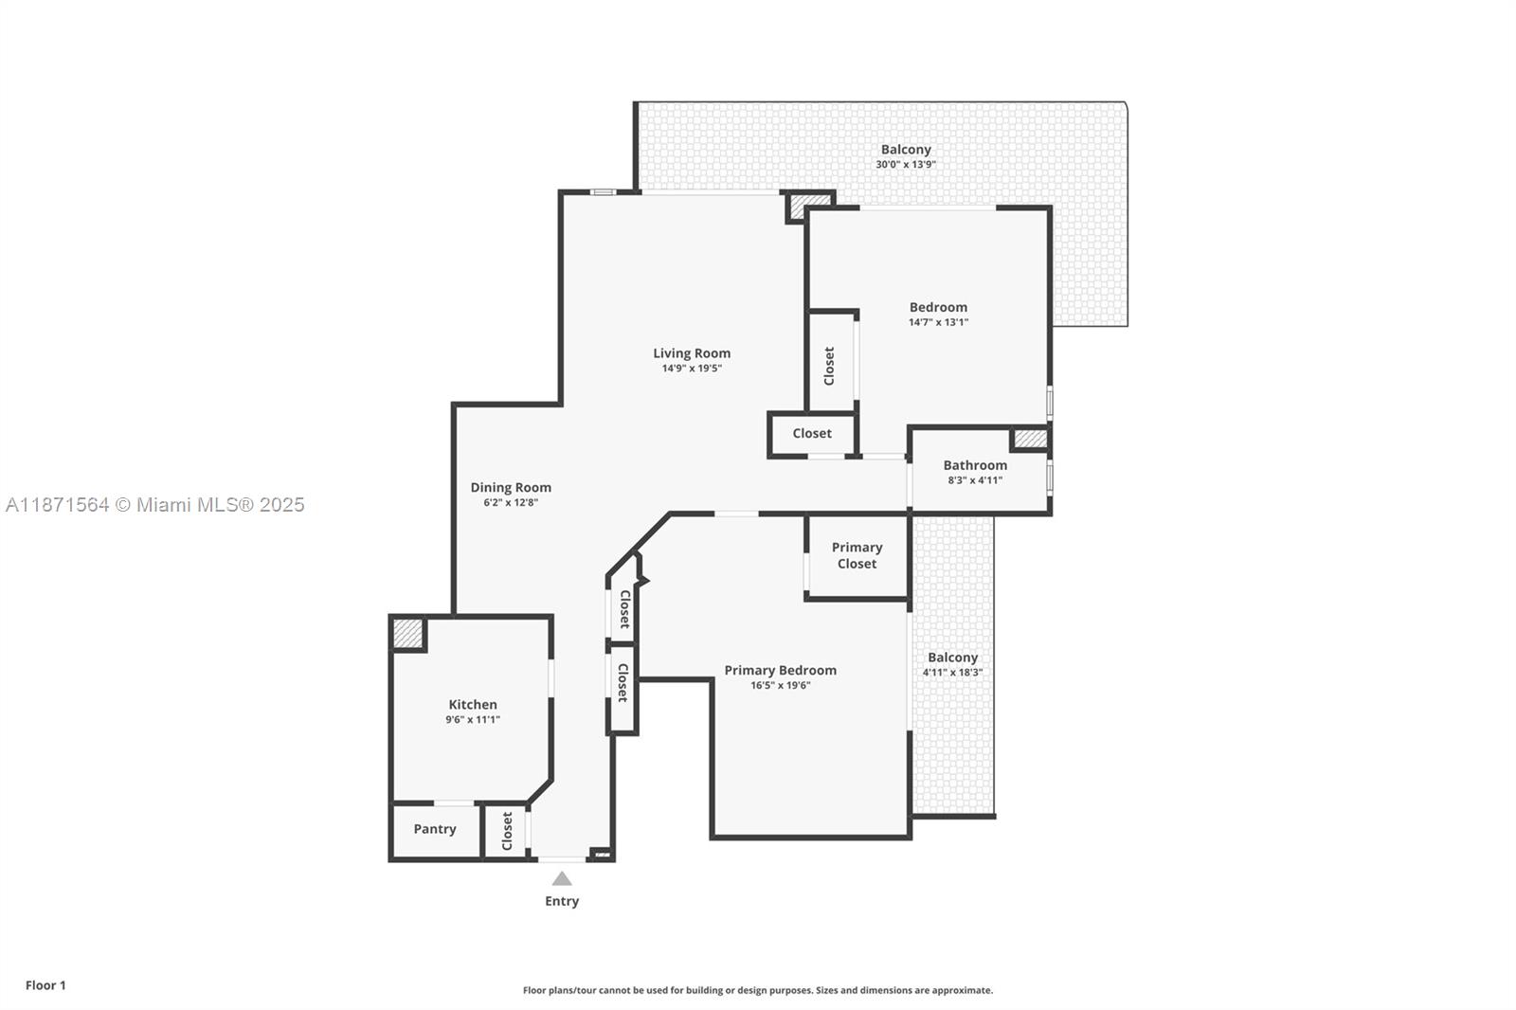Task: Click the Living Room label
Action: click(x=692, y=353)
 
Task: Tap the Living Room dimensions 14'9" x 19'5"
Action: click(x=692, y=369)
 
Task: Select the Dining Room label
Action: click(x=511, y=487)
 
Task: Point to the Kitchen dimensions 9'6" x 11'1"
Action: click(x=473, y=719)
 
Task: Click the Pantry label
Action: click(x=435, y=829)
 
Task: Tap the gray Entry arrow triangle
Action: click(x=562, y=878)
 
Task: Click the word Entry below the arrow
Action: click(x=562, y=901)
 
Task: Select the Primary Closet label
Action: click(x=857, y=555)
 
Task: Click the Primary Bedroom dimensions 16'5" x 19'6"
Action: click(x=781, y=685)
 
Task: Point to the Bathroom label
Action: click(x=975, y=465)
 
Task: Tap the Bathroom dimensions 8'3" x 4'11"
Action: click(x=975, y=480)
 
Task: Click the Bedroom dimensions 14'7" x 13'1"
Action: click(x=938, y=322)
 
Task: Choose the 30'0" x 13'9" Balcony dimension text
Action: click(x=906, y=165)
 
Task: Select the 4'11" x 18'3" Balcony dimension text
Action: click(x=953, y=672)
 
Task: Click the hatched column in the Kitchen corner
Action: click(x=408, y=634)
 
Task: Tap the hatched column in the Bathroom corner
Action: click(x=1030, y=439)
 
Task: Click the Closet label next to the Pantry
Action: click(x=507, y=831)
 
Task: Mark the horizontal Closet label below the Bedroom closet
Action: click(x=812, y=433)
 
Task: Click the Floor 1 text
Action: click(x=46, y=985)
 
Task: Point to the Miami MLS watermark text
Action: click(x=155, y=505)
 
